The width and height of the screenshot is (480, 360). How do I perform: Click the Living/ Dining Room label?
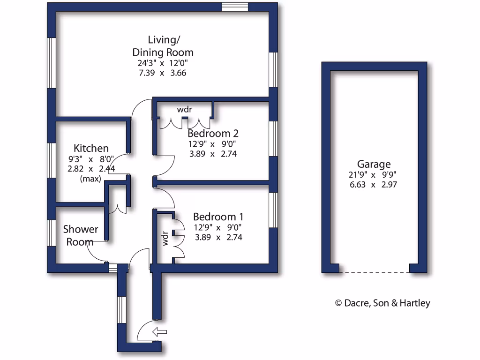tap(163, 46)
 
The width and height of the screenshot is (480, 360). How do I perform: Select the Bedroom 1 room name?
tap(218, 217)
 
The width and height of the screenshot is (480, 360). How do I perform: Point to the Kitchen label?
tap(91, 149)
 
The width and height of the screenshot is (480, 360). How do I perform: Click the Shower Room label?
tap(80, 235)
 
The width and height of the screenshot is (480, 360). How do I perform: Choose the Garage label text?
tap(374, 165)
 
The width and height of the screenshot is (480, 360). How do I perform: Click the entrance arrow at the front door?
tap(160, 332)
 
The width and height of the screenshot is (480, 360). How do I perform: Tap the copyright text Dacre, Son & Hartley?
tap(382, 303)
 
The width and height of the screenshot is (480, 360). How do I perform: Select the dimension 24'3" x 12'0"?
tap(163, 63)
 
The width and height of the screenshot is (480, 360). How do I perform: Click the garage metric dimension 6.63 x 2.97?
tap(374, 185)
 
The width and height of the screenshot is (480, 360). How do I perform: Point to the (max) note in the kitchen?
tap(91, 179)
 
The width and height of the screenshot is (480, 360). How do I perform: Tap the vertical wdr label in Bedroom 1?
tap(165, 239)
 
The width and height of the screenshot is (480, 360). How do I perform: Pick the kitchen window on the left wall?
tap(52, 160)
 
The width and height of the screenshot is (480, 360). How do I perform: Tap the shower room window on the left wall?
tap(52, 232)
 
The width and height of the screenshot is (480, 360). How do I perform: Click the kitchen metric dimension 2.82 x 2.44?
tap(91, 169)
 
